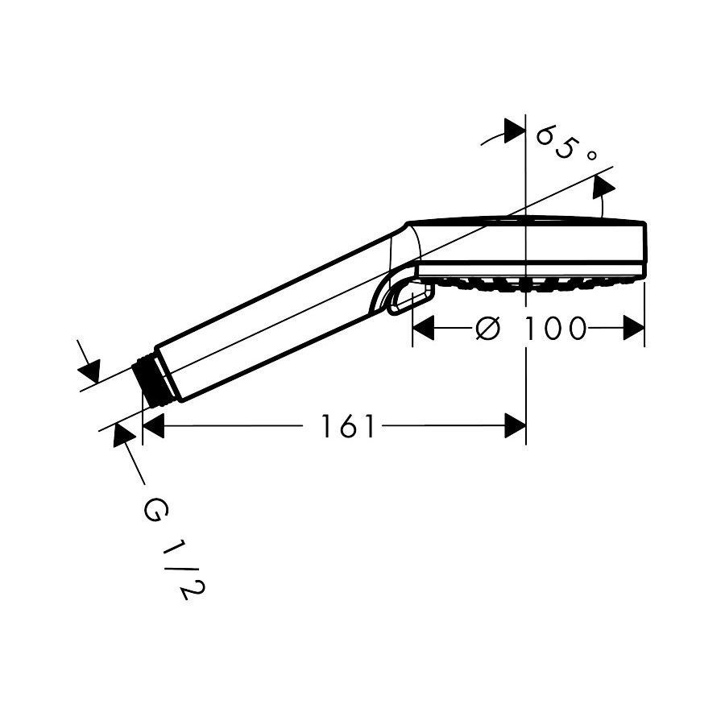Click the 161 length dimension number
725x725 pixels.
pos(348,426)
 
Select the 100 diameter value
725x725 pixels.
pos(555,329)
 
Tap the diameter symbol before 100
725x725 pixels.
pos(488,329)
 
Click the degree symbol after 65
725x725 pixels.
pos(591,155)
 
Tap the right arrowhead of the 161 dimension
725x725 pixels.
pos(515,426)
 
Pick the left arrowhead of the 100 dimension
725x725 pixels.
pos(423,329)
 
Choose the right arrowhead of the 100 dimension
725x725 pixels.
pos(633,329)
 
